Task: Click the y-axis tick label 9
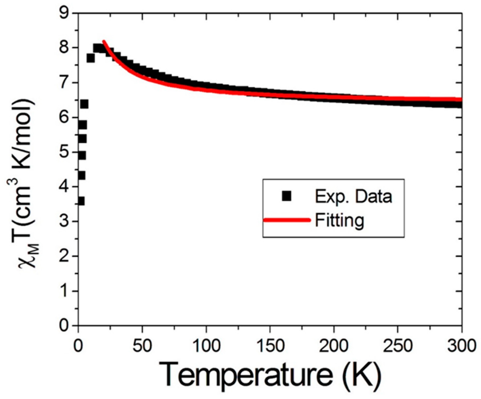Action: tap(64, 13)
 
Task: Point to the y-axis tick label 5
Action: tap(64, 152)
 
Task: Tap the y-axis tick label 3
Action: tap(64, 221)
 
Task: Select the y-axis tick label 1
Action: tap(64, 291)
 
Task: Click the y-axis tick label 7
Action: tap(64, 83)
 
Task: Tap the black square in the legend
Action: tap(286, 196)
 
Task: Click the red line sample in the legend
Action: tap(287, 220)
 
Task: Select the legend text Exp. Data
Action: tap(353, 196)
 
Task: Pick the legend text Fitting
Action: tap(339, 221)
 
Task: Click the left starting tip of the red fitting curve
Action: tap(104, 41)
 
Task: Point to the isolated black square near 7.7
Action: tap(90, 58)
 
